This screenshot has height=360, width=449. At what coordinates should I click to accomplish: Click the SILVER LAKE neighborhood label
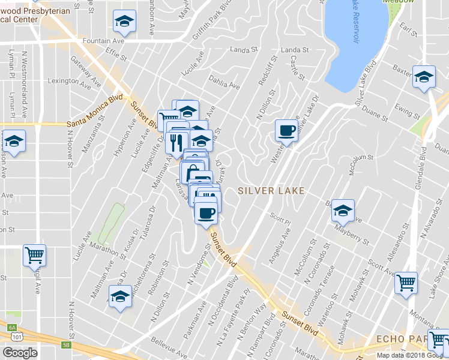point(271,191)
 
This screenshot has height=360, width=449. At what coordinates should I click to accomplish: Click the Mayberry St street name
point(353,235)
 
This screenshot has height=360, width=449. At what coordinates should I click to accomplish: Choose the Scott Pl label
point(280,219)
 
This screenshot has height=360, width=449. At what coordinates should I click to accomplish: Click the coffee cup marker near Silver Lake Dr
point(286,130)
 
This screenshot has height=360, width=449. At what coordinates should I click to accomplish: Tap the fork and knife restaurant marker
point(176,143)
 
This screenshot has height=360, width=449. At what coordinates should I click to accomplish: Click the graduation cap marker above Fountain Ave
point(124,22)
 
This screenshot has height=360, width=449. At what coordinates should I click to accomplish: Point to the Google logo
point(20,353)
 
